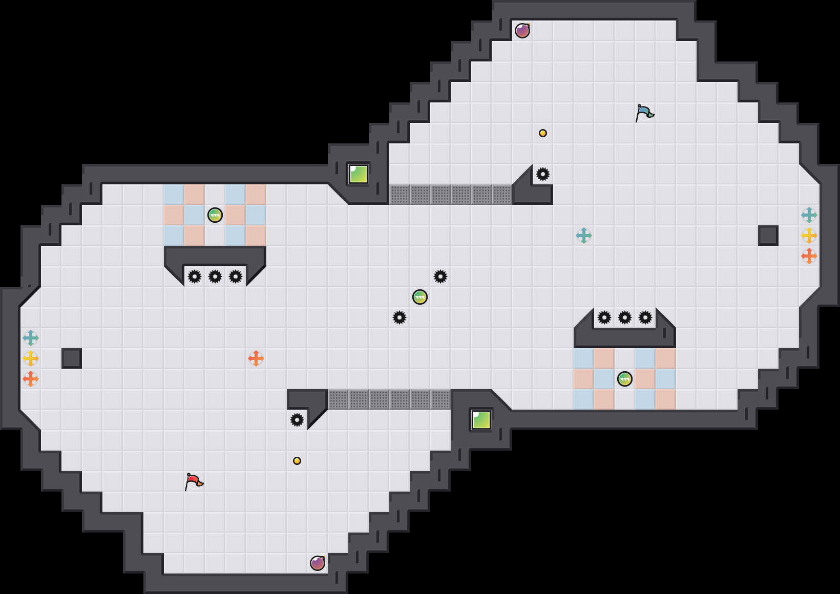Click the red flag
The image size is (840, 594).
194,481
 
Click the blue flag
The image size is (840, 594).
644,113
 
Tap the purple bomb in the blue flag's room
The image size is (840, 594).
522,31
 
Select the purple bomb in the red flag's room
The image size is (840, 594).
318,563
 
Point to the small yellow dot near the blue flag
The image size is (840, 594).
543,133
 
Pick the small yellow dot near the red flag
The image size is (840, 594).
297,461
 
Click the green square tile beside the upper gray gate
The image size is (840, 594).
359,174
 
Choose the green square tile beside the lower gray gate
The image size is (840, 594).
481,420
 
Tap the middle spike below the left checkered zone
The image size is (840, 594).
215,277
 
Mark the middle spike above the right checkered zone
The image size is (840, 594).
625,317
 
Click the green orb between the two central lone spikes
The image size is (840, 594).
420,297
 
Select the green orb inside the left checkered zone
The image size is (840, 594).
215,215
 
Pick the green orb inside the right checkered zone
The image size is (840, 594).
625,379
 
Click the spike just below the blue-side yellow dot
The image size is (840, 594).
543,174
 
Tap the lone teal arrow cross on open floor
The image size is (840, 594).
584,236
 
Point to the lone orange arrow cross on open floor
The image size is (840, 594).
256,358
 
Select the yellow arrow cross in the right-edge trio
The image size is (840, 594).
809,236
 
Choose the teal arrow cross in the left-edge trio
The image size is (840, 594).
31,338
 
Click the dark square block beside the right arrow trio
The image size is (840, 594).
768,236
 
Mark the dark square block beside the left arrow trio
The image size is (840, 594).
72,358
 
